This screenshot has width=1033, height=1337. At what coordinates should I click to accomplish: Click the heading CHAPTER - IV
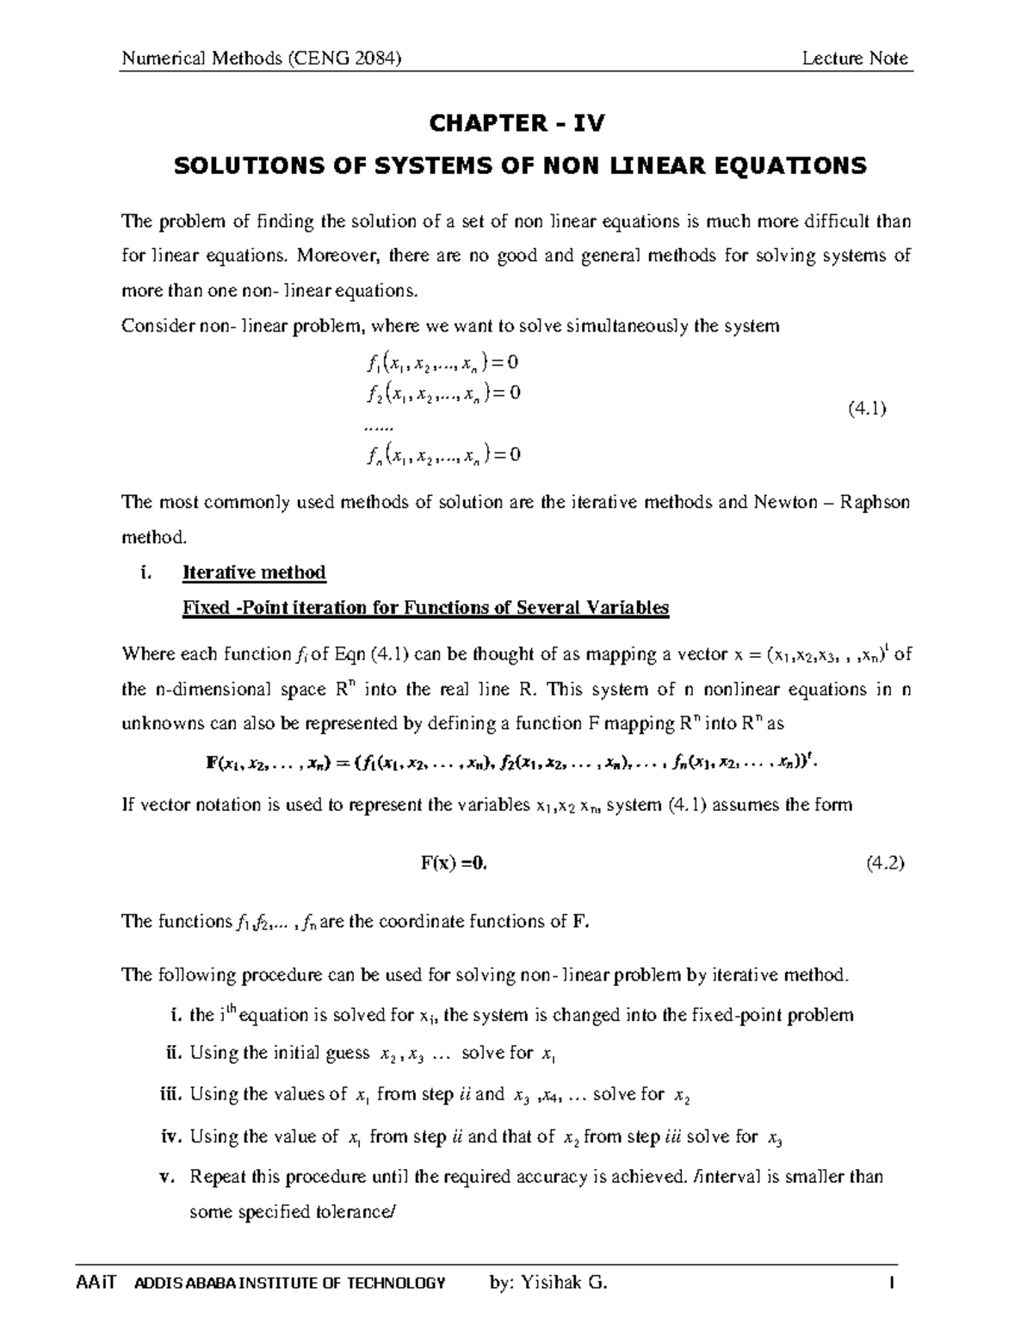(516, 124)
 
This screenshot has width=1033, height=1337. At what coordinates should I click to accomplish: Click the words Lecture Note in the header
(854, 59)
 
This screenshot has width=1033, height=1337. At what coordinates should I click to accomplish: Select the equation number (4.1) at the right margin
(867, 410)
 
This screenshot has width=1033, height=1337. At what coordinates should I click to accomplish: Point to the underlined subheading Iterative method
(254, 573)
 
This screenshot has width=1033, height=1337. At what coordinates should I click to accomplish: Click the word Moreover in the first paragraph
(330, 256)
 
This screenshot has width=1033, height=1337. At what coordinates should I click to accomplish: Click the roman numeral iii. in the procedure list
(172, 1095)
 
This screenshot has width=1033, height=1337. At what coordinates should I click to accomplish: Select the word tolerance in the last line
(354, 1212)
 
